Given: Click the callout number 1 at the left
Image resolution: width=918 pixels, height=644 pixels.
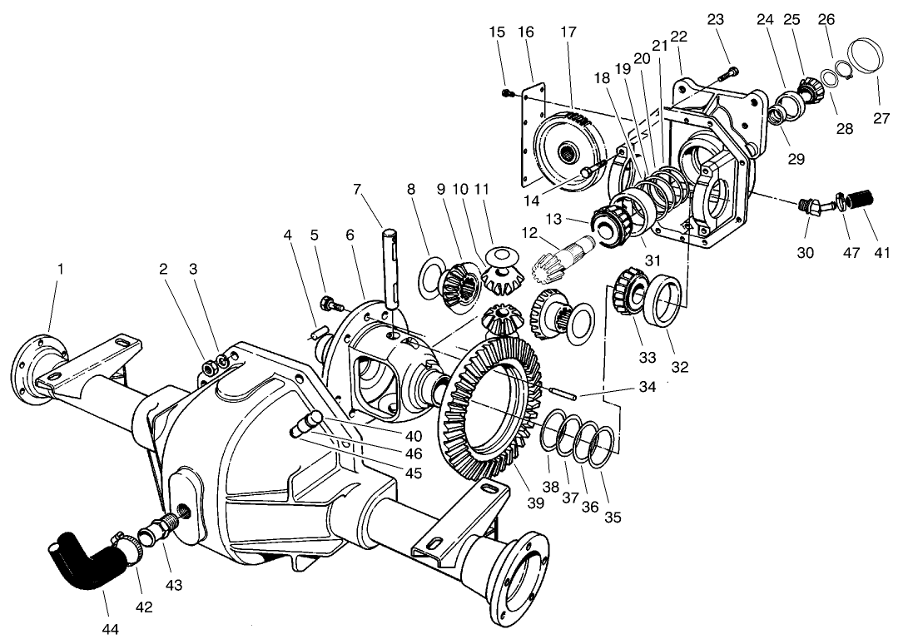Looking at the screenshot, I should [x=59, y=270].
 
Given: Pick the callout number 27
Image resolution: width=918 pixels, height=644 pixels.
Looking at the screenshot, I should [x=881, y=119].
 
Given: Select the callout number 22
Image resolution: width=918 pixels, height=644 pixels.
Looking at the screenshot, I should [x=678, y=37].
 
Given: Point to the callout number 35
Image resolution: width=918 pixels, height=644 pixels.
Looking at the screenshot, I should [x=613, y=518].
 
